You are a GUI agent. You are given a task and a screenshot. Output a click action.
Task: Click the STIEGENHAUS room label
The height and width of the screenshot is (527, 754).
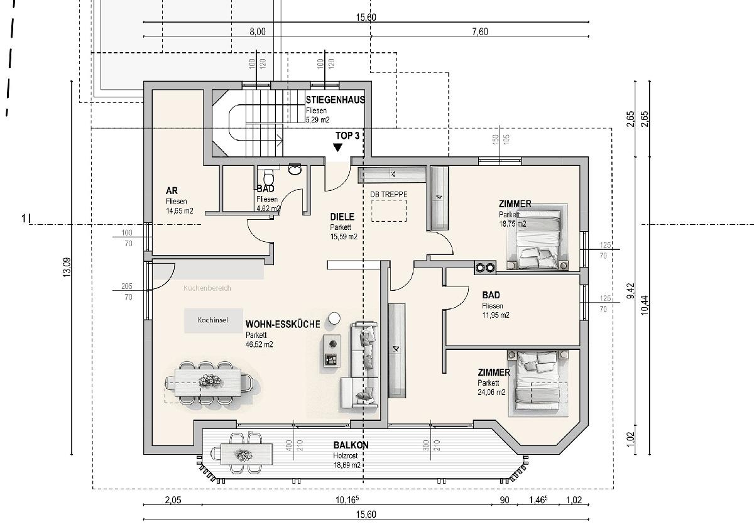click(x=335, y=100)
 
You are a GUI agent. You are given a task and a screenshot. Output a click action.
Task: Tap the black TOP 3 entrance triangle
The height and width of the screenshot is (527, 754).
click(x=338, y=148)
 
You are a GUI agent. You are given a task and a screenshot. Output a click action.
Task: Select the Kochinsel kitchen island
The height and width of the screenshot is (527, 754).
click(x=207, y=319)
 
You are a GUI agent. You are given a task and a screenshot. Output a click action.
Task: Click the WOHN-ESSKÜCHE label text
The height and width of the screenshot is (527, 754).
click(x=283, y=325)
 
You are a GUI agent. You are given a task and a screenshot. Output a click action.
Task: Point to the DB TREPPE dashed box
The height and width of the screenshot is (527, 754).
click(x=388, y=211)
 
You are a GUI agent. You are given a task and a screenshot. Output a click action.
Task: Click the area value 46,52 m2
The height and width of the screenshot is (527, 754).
click(x=260, y=344)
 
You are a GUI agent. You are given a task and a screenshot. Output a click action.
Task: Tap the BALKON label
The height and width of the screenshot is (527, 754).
click(x=351, y=445)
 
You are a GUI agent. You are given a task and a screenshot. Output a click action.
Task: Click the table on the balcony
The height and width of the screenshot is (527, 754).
click(x=242, y=453)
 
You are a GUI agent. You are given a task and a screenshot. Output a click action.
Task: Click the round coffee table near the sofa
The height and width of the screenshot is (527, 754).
click(x=334, y=318)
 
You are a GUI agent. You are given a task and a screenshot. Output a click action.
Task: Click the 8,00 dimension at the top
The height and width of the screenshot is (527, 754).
click(x=258, y=32)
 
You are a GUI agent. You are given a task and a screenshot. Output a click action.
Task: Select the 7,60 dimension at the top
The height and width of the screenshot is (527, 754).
click(x=479, y=32)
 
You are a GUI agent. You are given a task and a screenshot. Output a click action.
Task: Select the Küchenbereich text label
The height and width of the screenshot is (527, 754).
click(x=207, y=288)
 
